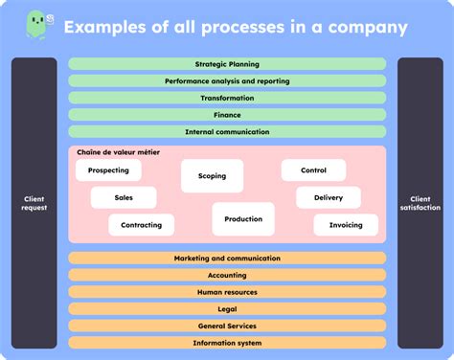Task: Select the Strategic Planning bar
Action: click(x=227, y=64)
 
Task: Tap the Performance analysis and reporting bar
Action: click(x=227, y=81)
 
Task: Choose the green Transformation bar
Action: click(x=227, y=98)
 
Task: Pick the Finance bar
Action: click(x=227, y=115)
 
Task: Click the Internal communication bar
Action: click(x=227, y=131)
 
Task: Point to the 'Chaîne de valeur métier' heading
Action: click(x=118, y=151)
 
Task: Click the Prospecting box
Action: click(x=108, y=170)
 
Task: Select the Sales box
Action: click(x=124, y=197)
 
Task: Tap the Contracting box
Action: click(x=141, y=225)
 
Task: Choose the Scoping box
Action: click(x=212, y=176)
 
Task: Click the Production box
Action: click(x=243, y=219)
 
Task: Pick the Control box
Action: click(x=313, y=170)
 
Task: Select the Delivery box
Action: click(x=328, y=197)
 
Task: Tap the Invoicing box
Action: click(x=346, y=225)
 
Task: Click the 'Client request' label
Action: click(x=34, y=203)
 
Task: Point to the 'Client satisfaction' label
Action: click(x=420, y=203)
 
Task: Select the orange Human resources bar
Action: click(x=227, y=292)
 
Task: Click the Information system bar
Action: click(x=227, y=343)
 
